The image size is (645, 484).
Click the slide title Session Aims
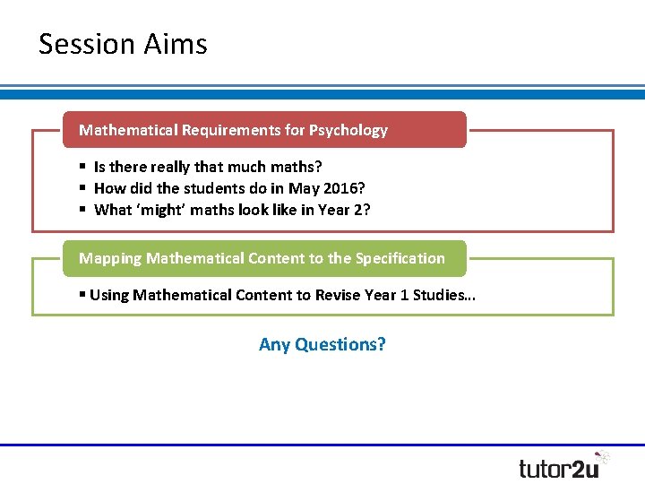pyautogui.click(x=123, y=44)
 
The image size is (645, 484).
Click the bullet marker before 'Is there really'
pyautogui.click(x=82, y=167)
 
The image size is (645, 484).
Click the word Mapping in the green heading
pyautogui.click(x=110, y=258)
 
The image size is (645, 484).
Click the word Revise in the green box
pyautogui.click(x=340, y=295)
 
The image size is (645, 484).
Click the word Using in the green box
pyautogui.click(x=109, y=295)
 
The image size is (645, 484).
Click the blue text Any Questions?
pyautogui.click(x=322, y=344)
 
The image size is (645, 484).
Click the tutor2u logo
pyautogui.click(x=563, y=465)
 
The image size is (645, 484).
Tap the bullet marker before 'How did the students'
pyautogui.click(x=82, y=188)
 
